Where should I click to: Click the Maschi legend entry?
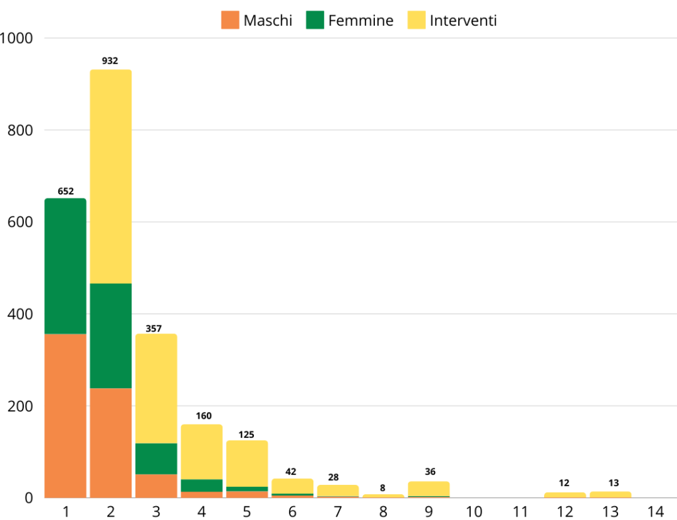click(x=257, y=21)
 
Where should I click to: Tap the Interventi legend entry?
click(x=452, y=21)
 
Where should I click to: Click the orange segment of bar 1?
click(x=65, y=415)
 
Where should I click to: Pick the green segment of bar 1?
click(x=65, y=266)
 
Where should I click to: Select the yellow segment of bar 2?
click(x=110, y=177)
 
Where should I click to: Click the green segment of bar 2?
click(x=110, y=335)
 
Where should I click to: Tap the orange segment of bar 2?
click(x=110, y=443)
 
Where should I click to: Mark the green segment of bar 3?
click(x=156, y=458)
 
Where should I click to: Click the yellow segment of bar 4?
click(x=202, y=452)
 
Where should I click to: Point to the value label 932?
click(x=110, y=61)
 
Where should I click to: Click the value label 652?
click(x=65, y=191)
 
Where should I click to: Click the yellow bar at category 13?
click(x=610, y=494)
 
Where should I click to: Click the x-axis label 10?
click(x=473, y=511)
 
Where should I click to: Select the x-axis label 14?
click(x=655, y=511)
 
